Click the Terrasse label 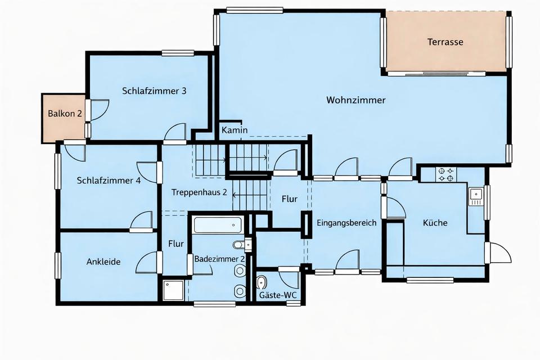coord(445,42)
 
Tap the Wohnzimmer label coord(355,100)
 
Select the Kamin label coord(234,130)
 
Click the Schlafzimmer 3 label coord(154,91)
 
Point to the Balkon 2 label coord(65,113)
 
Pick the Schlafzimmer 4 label coord(109,181)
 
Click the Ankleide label coord(103,262)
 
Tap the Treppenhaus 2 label coord(199,192)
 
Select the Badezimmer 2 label coord(219,259)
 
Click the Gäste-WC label coord(277,295)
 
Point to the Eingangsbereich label coord(346,223)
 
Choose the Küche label coord(435,223)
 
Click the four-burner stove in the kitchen coord(446,174)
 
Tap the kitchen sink coord(476,196)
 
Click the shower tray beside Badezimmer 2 coord(173,290)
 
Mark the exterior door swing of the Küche coord(498,253)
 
